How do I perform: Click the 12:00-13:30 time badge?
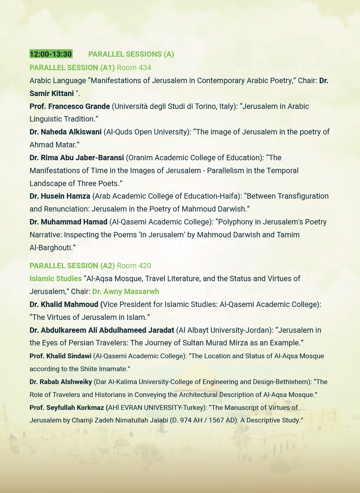(x=51, y=54)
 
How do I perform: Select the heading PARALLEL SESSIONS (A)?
(x=131, y=54)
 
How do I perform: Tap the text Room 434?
(x=134, y=68)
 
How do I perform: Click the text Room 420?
(x=134, y=266)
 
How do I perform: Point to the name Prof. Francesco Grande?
(x=70, y=106)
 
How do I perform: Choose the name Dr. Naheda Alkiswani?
(x=65, y=132)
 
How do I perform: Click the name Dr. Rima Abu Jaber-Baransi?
(x=76, y=158)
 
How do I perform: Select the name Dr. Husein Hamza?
(x=60, y=196)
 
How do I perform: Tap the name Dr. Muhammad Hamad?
(x=68, y=222)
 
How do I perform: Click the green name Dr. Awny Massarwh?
(x=125, y=291)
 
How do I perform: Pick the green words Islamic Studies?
(x=55, y=278)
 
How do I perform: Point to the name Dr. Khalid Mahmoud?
(x=64, y=304)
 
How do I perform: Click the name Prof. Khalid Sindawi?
(x=60, y=356)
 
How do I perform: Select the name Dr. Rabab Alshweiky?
(x=61, y=382)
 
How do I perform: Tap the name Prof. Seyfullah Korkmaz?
(x=67, y=407)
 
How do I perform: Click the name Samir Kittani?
(x=52, y=93)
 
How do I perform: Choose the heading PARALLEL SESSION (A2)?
(x=72, y=266)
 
